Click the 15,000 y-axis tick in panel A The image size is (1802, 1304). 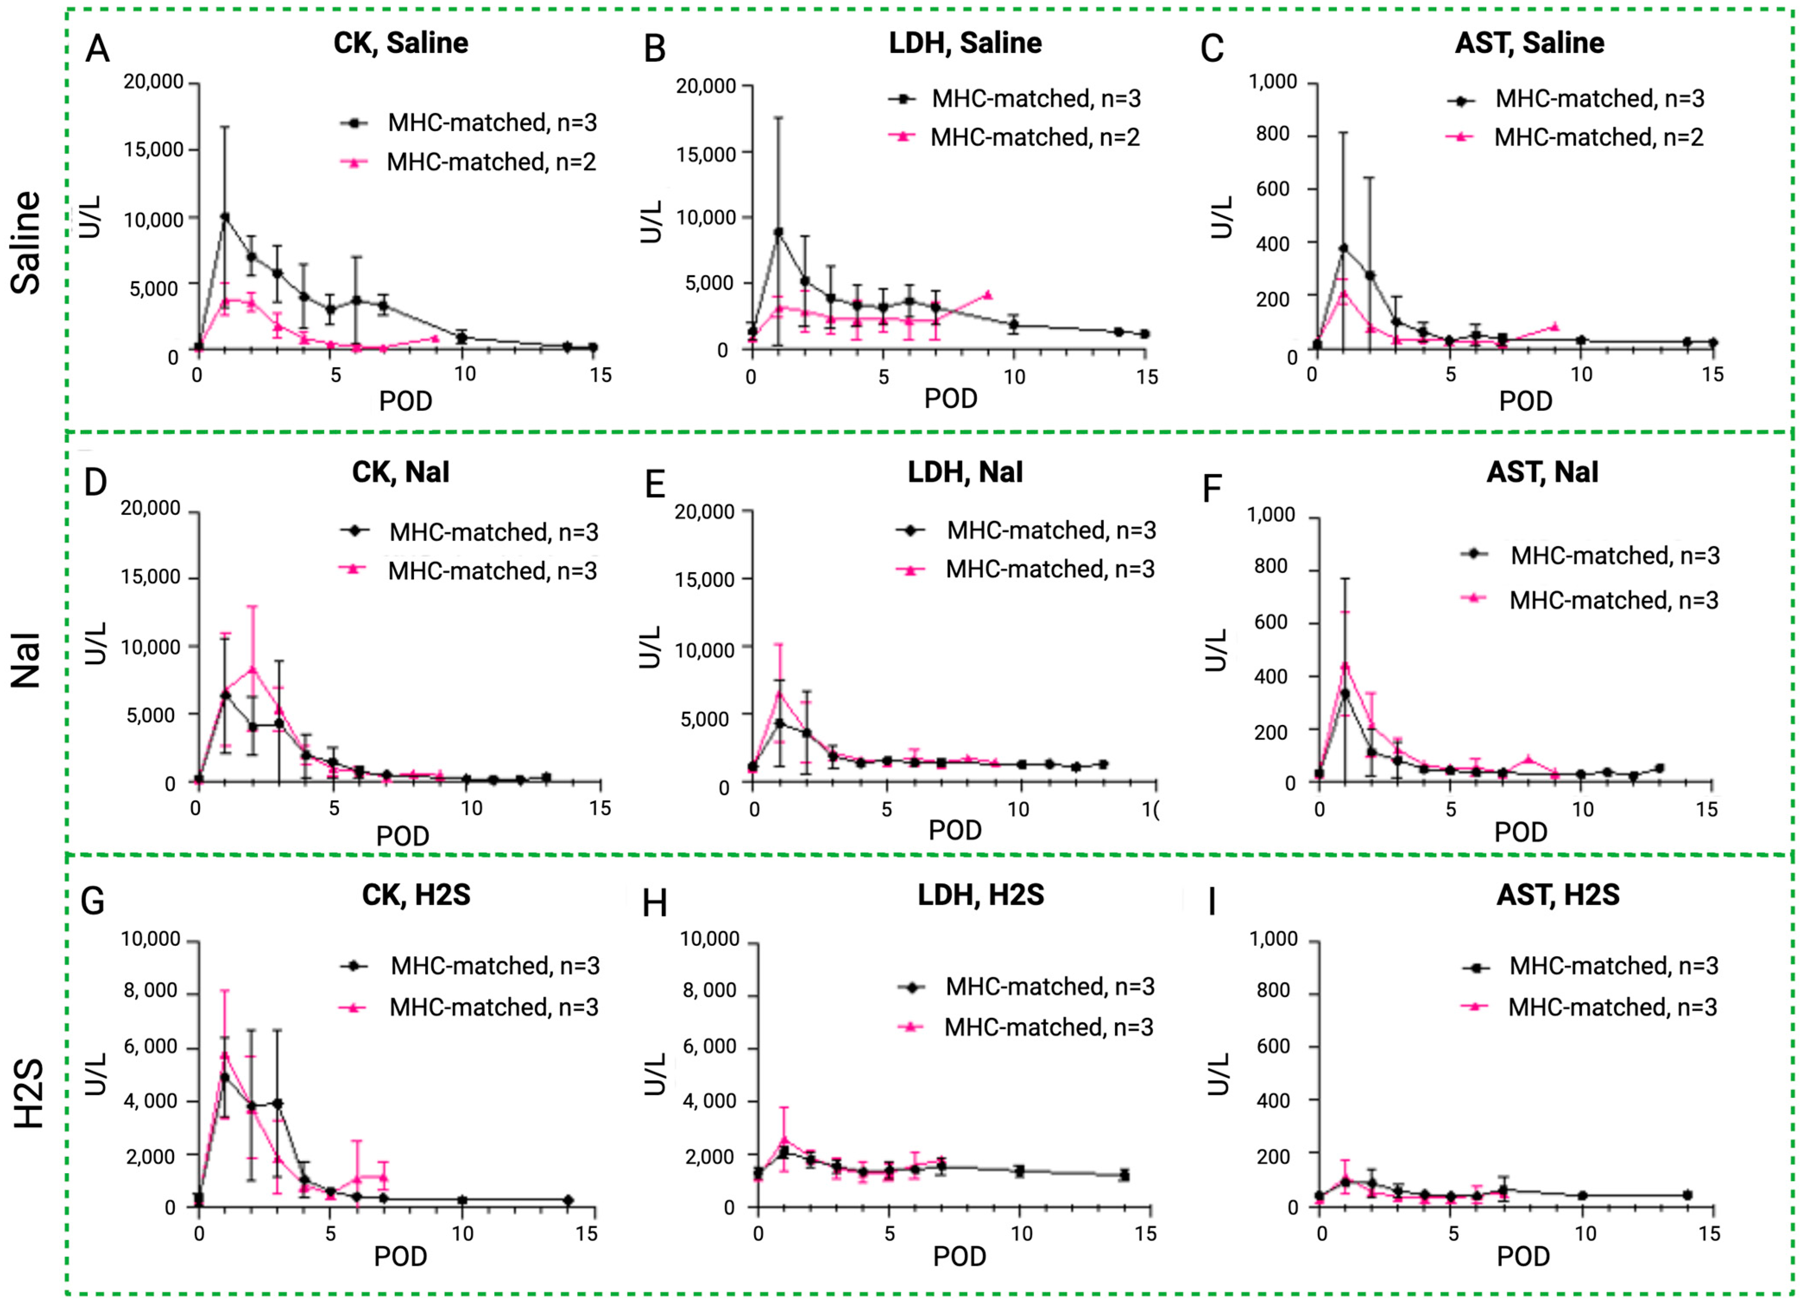[x=153, y=149]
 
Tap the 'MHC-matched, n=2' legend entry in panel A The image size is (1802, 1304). [x=490, y=162]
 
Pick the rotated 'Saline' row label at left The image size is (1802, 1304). [x=26, y=242]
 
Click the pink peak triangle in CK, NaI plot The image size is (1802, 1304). [x=252, y=669]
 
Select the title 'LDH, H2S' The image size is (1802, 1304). [x=981, y=895]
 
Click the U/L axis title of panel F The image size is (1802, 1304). [x=1215, y=649]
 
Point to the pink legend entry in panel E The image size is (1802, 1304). [x=1049, y=570]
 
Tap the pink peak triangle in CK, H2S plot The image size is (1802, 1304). [x=225, y=1055]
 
